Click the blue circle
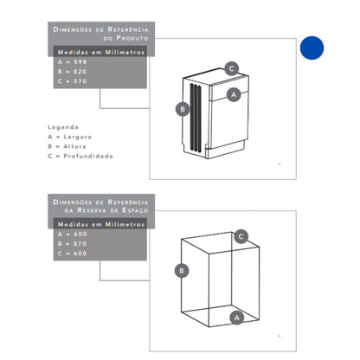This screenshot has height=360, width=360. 312,48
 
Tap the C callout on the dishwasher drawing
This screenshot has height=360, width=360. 231,68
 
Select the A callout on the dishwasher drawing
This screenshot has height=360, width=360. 234,94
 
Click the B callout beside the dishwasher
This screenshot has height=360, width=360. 183,109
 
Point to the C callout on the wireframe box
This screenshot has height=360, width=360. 241,237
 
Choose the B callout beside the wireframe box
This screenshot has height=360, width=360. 182,271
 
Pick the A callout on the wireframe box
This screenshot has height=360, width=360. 237,318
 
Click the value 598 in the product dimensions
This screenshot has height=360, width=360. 80,62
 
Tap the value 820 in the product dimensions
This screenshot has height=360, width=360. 80,72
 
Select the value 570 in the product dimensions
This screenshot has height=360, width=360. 80,81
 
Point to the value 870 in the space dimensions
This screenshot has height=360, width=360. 80,244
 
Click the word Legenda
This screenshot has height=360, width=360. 63,127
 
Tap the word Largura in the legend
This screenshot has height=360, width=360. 77,137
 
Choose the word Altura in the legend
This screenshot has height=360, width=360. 74,146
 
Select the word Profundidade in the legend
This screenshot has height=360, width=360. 88,156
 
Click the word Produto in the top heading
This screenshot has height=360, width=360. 132,38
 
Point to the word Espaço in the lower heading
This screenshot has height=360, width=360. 135,210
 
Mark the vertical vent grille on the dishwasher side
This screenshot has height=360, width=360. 196,118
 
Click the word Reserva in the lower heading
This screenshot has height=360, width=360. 92,210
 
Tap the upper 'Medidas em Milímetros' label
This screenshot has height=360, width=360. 101,52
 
